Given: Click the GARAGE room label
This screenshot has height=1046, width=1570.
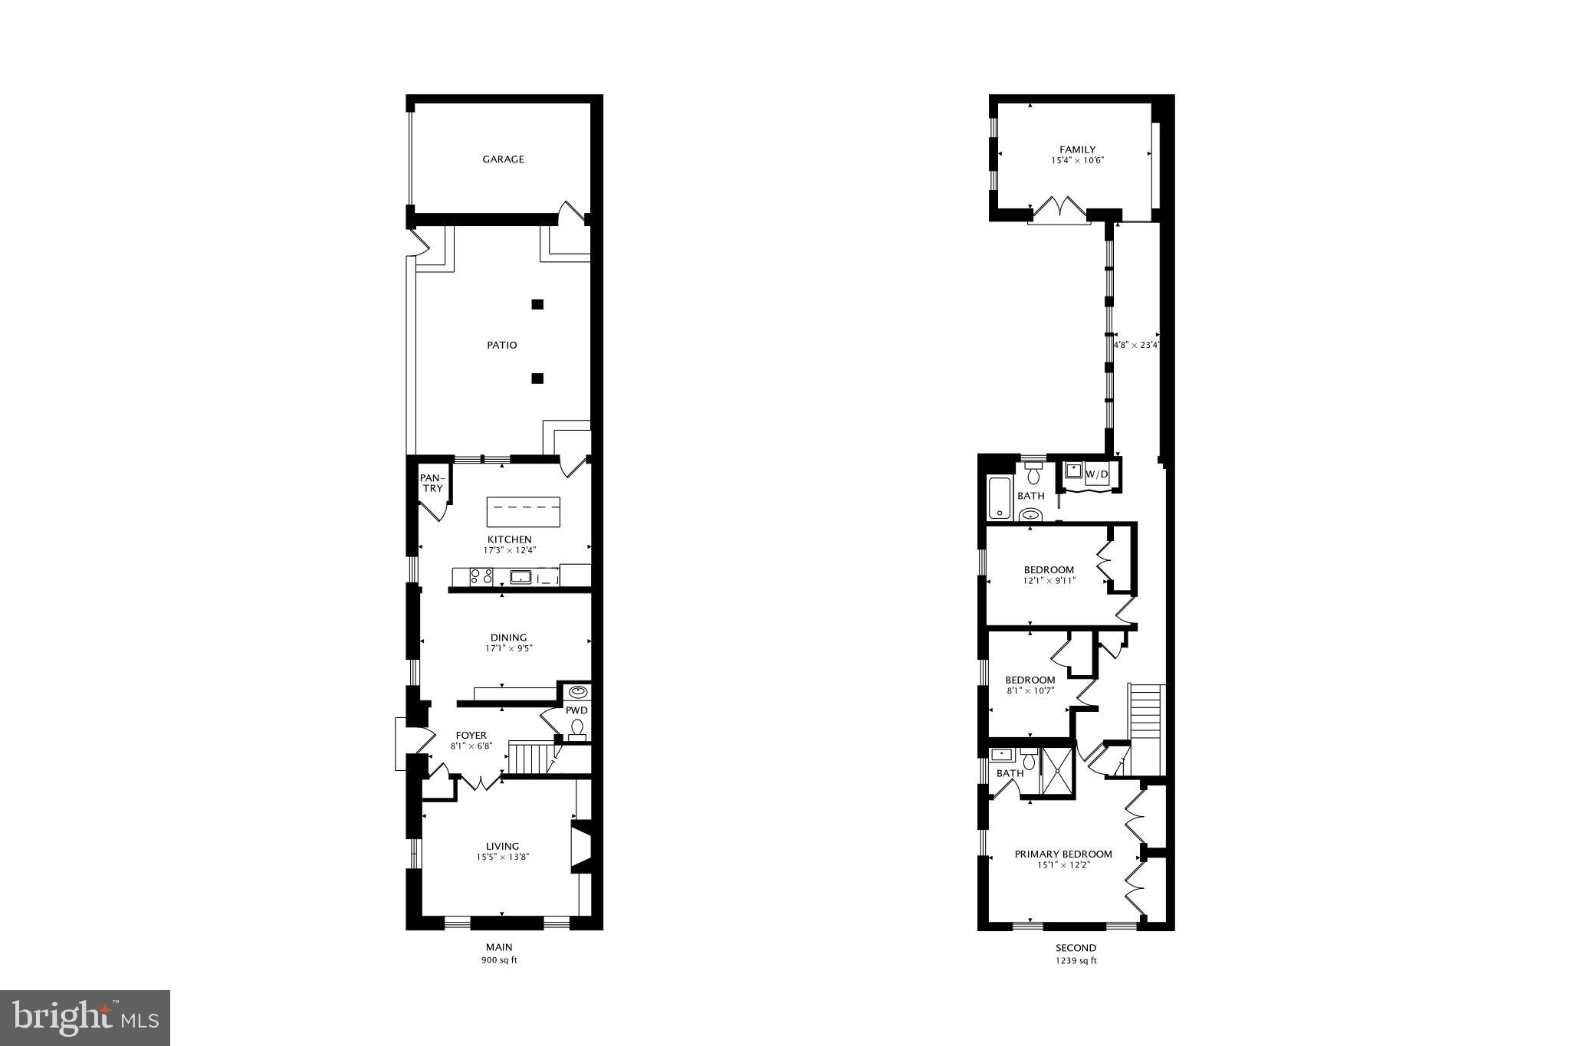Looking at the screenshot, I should click(x=503, y=159).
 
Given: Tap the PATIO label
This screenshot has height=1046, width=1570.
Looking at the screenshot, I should click(x=502, y=345).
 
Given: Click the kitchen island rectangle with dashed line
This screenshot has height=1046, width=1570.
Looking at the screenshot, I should click(x=523, y=511).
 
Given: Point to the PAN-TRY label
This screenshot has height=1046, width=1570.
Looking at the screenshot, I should click(x=432, y=484).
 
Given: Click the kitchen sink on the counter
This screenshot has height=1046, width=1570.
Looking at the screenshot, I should click(x=521, y=577).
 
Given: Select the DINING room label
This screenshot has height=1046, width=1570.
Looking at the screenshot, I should click(x=508, y=638).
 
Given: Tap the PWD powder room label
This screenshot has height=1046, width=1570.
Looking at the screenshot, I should click(x=576, y=710).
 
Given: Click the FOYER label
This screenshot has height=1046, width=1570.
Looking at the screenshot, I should click(x=471, y=736).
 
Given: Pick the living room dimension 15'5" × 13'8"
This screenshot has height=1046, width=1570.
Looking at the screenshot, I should click(x=502, y=857).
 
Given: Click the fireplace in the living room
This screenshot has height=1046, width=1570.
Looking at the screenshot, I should click(x=581, y=847).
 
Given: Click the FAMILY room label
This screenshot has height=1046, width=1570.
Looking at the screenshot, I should click(x=1077, y=149).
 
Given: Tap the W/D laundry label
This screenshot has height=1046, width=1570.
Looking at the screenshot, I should click(x=1097, y=475).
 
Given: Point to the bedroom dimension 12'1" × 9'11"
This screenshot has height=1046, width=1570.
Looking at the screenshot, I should click(x=1049, y=581).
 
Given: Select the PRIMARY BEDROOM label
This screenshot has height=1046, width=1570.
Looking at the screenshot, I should click(x=1063, y=854).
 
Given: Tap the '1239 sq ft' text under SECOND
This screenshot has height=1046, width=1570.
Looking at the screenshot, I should click(x=1076, y=960).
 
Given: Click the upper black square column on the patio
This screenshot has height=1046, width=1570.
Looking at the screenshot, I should click(x=537, y=304).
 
